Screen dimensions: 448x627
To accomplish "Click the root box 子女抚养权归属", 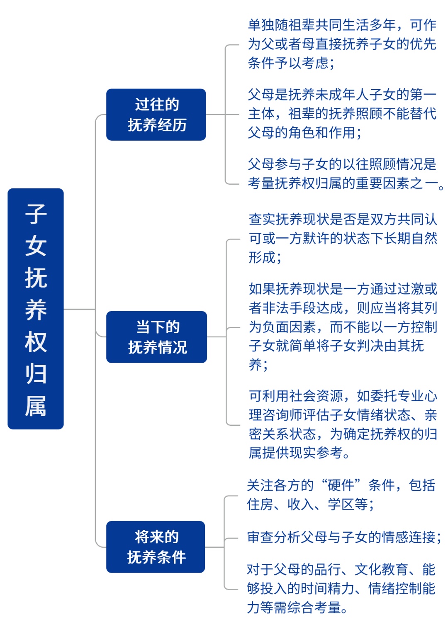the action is coord(36,308).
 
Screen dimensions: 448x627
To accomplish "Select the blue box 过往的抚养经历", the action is coord(156,115).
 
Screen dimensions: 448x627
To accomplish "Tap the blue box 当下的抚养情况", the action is coord(157,337).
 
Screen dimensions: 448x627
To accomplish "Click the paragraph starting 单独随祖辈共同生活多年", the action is coord(342,44).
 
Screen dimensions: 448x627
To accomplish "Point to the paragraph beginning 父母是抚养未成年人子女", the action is coord(342,113).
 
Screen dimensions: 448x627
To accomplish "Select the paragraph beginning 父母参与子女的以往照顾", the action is coord(346,173).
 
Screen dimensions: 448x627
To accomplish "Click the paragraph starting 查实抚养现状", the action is coord(343,238).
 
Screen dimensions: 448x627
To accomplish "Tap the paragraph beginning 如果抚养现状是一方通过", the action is coord(343,327).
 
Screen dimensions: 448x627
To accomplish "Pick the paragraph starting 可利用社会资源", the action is coord(343,424).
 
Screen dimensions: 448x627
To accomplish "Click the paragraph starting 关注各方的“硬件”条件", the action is coord(341,495).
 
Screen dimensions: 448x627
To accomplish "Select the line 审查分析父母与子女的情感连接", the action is coord(344,537).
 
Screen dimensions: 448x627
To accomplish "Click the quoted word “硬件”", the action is coord(341,485).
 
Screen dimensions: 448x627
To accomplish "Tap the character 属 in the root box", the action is coord(36,406).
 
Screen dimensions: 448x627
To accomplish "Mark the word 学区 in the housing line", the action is coord(341,505).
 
